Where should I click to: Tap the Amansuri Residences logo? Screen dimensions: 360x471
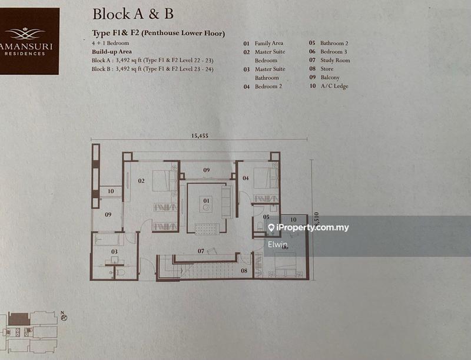(x=29, y=41)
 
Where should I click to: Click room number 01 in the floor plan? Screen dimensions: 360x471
(x=206, y=201)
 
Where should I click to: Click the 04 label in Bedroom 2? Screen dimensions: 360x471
(x=246, y=177)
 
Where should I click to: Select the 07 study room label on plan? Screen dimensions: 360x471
(x=201, y=252)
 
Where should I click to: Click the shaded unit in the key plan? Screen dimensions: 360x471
(x=19, y=319)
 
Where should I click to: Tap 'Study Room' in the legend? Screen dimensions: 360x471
(x=335, y=60)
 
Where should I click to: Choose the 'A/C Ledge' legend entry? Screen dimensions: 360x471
(x=334, y=86)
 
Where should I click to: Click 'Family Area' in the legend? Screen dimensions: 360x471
(x=270, y=43)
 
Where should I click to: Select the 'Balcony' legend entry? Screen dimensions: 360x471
(x=330, y=77)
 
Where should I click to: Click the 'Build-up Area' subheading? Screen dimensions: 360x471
(x=111, y=51)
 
